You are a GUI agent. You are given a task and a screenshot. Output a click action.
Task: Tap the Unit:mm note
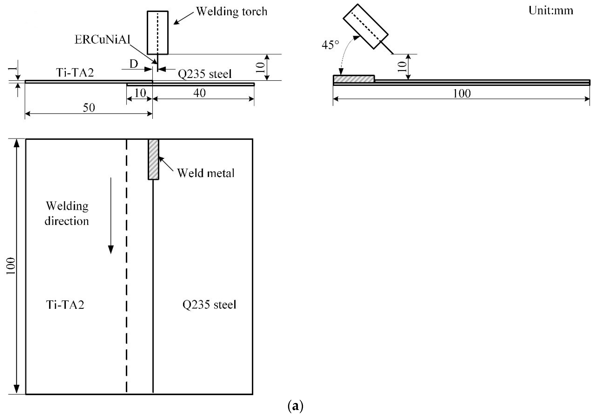click(x=551, y=11)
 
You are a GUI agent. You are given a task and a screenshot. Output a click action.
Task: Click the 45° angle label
click(x=330, y=45)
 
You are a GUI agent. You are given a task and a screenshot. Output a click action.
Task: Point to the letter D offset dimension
click(x=134, y=64)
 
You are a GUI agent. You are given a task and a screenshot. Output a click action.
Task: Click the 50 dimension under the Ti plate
click(x=89, y=108)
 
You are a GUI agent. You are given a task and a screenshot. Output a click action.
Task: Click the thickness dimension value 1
click(x=11, y=68)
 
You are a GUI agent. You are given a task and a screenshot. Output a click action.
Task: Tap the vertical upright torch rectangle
click(x=158, y=32)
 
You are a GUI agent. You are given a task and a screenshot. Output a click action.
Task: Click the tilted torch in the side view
click(x=365, y=26)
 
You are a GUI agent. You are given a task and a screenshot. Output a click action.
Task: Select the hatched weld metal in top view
click(x=153, y=159)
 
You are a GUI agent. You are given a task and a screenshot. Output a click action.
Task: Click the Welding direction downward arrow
click(x=111, y=216)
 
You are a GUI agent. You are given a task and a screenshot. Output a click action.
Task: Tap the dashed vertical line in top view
click(x=126, y=265)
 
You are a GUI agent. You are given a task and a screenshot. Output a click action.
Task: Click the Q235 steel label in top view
click(x=209, y=304)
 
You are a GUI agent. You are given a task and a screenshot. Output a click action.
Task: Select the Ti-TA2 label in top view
click(x=65, y=304)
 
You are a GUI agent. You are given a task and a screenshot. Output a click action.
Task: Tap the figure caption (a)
click(x=295, y=406)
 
